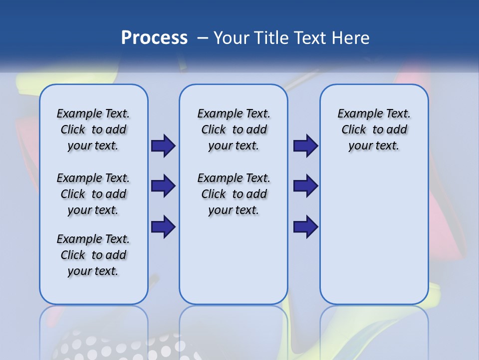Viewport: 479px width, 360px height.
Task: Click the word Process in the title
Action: (x=154, y=37)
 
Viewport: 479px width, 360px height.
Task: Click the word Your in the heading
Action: (x=231, y=37)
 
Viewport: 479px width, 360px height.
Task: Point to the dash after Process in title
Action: (x=203, y=38)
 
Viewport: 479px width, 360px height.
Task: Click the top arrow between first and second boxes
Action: (x=163, y=146)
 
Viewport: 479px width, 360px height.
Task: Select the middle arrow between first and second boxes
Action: (x=163, y=186)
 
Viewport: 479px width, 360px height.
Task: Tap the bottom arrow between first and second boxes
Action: (x=163, y=227)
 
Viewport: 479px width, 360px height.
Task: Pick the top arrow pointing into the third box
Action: (x=305, y=146)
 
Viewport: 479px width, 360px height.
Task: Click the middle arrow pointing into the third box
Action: (x=305, y=186)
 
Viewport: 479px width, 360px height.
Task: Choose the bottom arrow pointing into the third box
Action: (x=305, y=227)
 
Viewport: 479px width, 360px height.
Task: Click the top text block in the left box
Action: (x=93, y=129)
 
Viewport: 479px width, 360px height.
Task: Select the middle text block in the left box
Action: (x=93, y=194)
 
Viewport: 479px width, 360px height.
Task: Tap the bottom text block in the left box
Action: (x=93, y=255)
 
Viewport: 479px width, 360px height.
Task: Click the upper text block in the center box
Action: (x=234, y=129)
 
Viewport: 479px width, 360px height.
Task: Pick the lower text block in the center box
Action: (x=234, y=194)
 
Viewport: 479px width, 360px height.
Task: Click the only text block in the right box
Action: (x=374, y=129)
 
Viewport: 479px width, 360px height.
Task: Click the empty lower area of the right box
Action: (x=374, y=235)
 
